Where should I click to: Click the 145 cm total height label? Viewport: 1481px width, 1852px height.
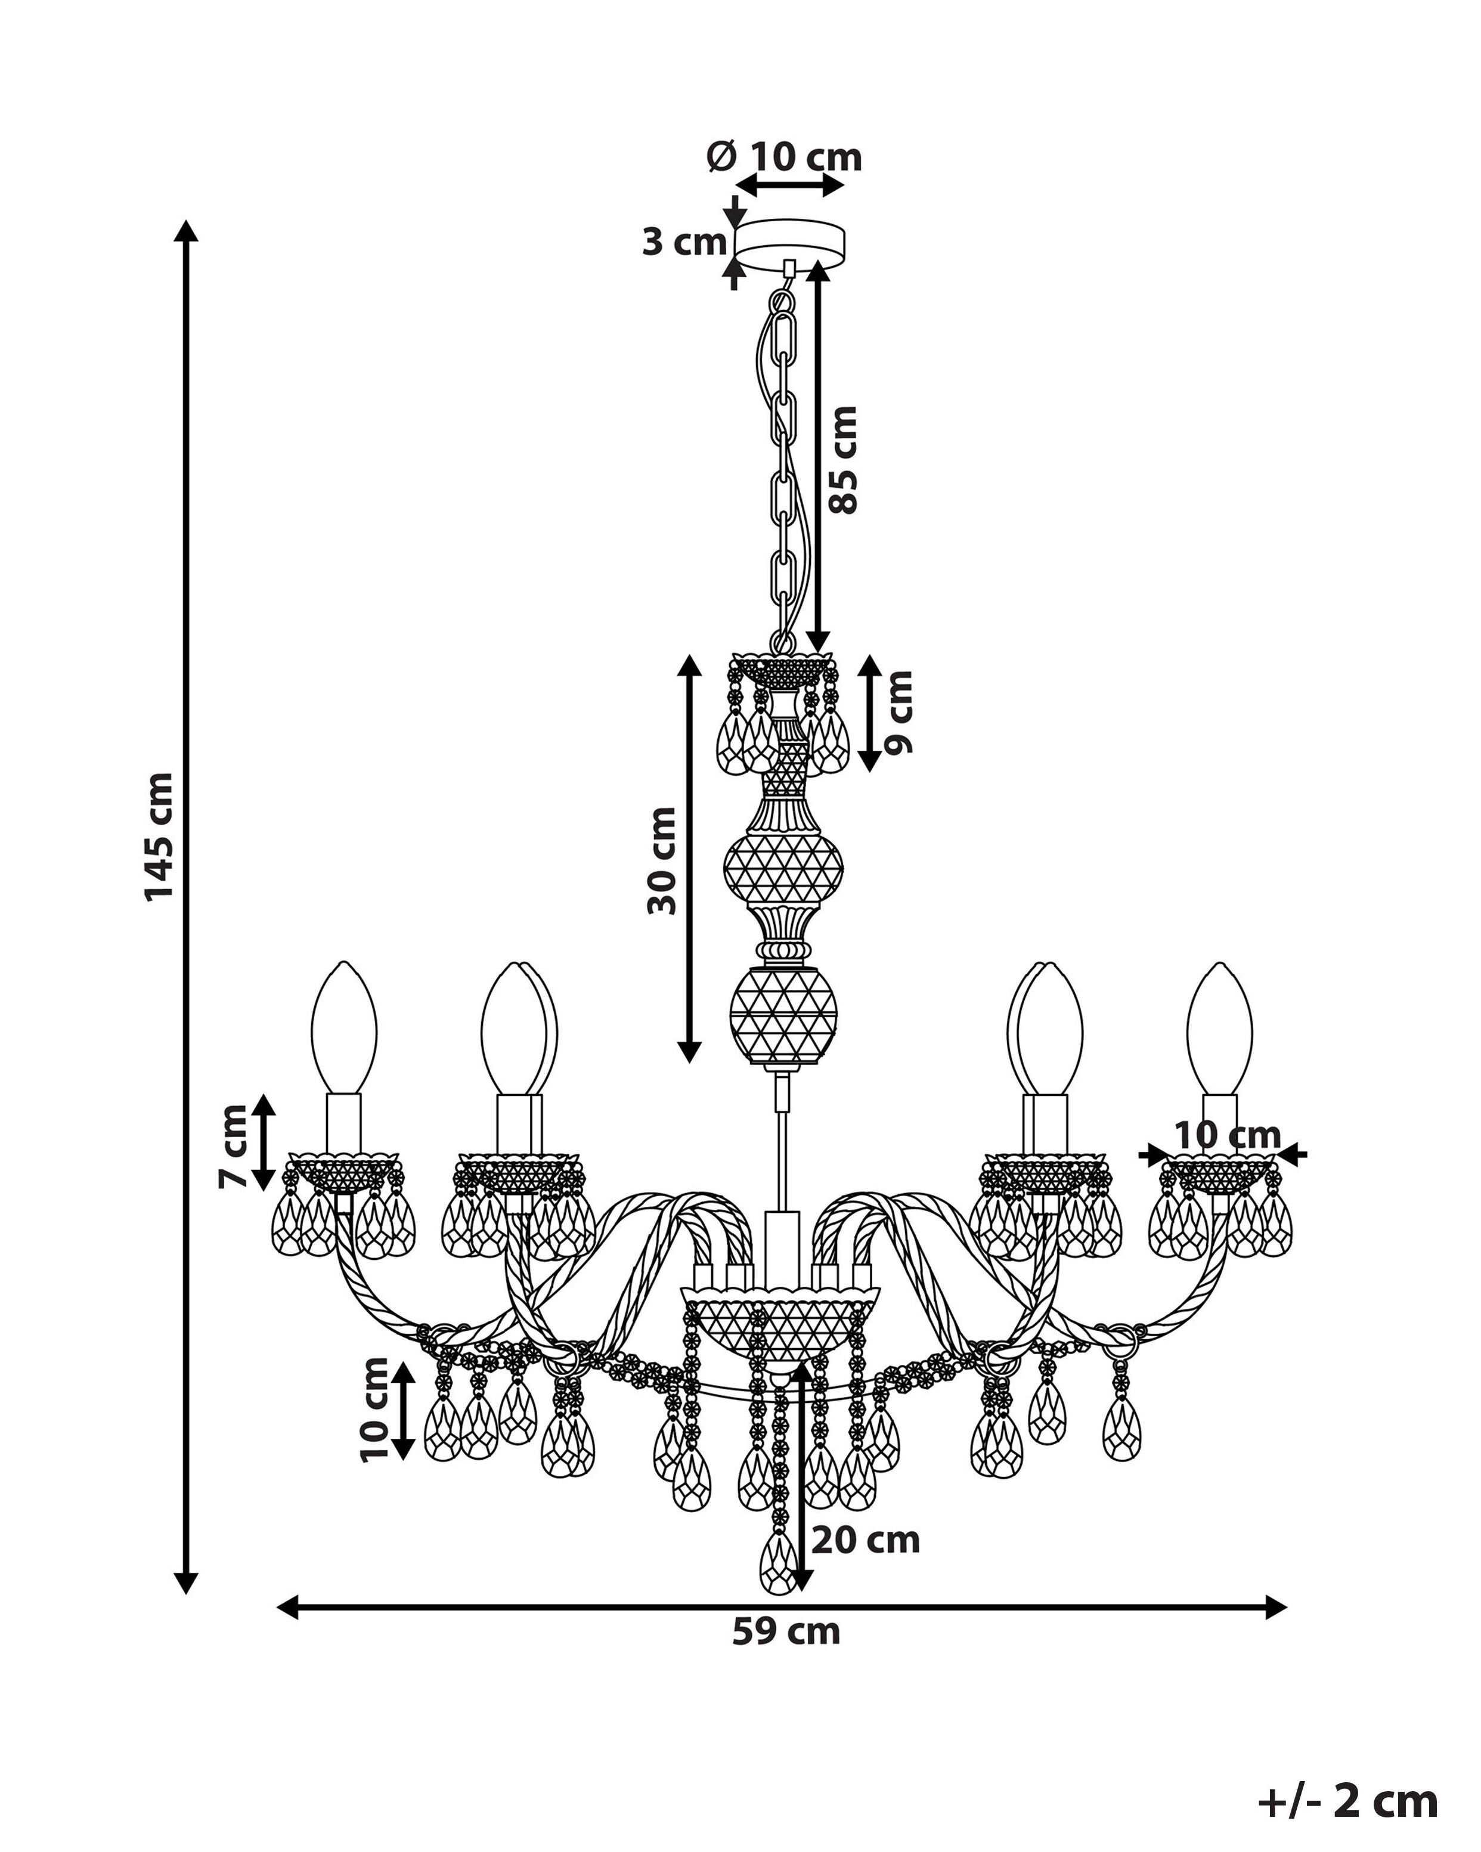(x=160, y=836)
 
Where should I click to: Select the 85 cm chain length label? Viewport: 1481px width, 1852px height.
(x=844, y=460)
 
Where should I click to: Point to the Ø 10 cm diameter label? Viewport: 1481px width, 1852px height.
(x=784, y=157)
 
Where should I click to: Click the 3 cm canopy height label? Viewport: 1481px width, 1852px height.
(x=684, y=242)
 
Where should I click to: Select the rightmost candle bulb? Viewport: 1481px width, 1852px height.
(x=1220, y=1028)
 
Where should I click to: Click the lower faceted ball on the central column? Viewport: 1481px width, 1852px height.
(x=783, y=1016)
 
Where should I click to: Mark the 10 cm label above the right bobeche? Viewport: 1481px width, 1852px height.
(x=1228, y=1136)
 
